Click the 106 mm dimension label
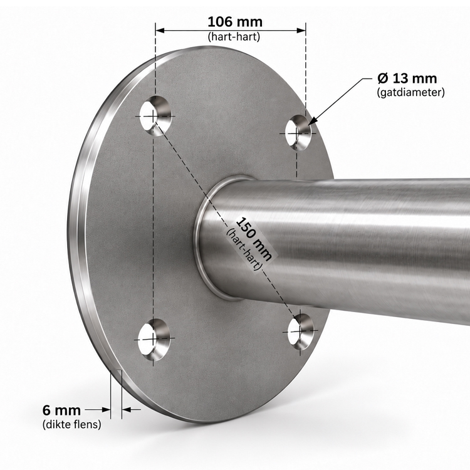click(235, 22)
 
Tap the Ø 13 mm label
click(407, 78)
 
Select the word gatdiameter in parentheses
click(410, 92)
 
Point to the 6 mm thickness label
click(61, 410)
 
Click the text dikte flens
click(71, 424)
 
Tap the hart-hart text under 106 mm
click(234, 36)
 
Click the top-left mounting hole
click(155, 116)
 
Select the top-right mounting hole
click(298, 132)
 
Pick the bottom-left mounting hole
click(154, 340)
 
